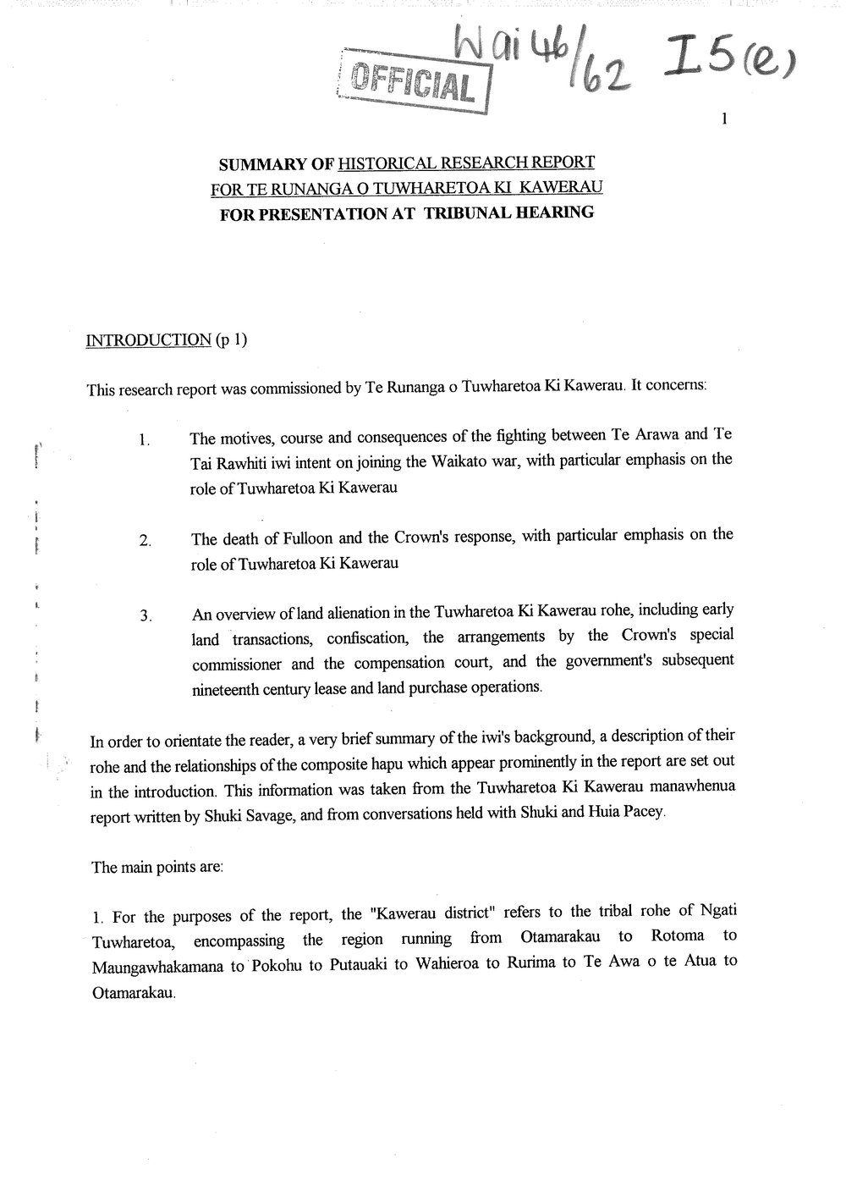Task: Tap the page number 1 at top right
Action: point(725,120)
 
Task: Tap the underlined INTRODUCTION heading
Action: point(149,340)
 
